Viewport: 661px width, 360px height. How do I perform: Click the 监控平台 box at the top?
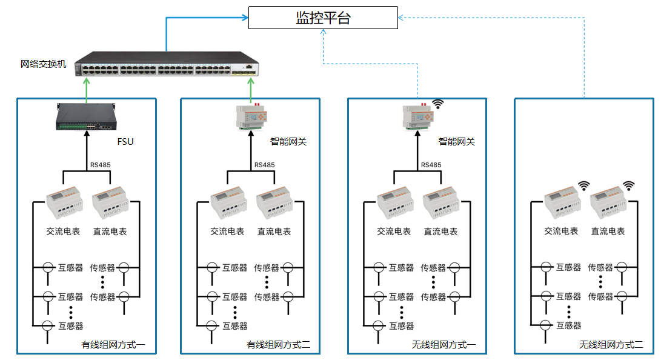pyautogui.click(x=323, y=18)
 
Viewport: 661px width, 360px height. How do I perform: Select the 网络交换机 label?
pyautogui.click(x=43, y=64)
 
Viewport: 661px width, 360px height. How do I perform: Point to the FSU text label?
pyautogui.click(x=125, y=142)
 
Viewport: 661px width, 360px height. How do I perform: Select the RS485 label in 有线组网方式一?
pyautogui.click(x=101, y=165)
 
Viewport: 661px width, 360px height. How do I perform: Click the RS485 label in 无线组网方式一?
pyautogui.click(x=431, y=165)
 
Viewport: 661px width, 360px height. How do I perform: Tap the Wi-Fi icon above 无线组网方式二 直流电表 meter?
pyautogui.click(x=629, y=185)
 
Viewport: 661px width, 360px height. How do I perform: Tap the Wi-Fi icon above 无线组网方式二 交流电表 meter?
pyautogui.click(x=583, y=185)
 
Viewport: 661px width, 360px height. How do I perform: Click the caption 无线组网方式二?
pyautogui.click(x=611, y=345)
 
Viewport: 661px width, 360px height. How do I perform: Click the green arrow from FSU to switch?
pyautogui.click(x=86, y=91)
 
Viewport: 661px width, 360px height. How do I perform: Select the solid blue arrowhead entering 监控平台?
pyautogui.click(x=245, y=18)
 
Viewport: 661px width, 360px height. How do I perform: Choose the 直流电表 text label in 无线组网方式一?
pyautogui.click(x=440, y=232)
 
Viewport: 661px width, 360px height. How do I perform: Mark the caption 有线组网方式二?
pyautogui.click(x=278, y=345)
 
